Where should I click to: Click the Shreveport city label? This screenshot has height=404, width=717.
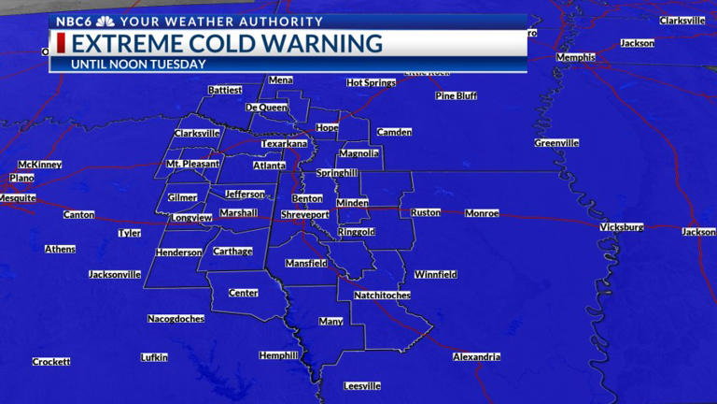(x=305, y=214)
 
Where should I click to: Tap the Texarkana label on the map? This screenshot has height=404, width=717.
(x=284, y=144)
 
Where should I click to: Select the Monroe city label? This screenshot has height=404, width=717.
(x=482, y=213)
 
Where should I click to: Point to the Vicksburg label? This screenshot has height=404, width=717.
(x=622, y=227)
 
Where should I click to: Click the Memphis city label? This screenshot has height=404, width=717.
(x=575, y=57)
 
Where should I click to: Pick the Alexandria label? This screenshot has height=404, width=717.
(x=476, y=356)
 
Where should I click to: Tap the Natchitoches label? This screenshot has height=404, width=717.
(x=382, y=296)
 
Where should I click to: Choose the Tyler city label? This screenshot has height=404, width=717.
(x=129, y=233)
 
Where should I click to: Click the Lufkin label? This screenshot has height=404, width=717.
(x=154, y=357)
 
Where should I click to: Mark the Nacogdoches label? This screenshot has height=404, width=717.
(x=176, y=319)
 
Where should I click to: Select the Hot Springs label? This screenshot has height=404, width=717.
(x=372, y=83)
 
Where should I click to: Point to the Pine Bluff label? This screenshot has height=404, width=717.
(x=457, y=95)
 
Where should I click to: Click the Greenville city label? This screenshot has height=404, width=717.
(x=556, y=143)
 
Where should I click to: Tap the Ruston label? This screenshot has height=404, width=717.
(x=426, y=212)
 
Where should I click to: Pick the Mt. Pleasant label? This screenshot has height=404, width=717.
(x=192, y=164)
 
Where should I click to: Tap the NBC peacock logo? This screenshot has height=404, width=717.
(x=105, y=21)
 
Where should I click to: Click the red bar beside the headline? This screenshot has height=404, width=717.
(x=62, y=43)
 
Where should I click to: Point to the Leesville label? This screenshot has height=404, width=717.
(x=361, y=385)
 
